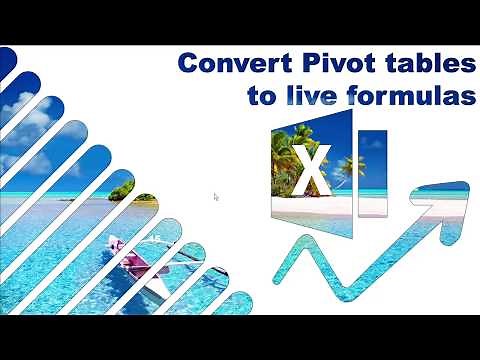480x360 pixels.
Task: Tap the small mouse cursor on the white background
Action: (x=216, y=196)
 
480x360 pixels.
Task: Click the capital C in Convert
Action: (x=187, y=64)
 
